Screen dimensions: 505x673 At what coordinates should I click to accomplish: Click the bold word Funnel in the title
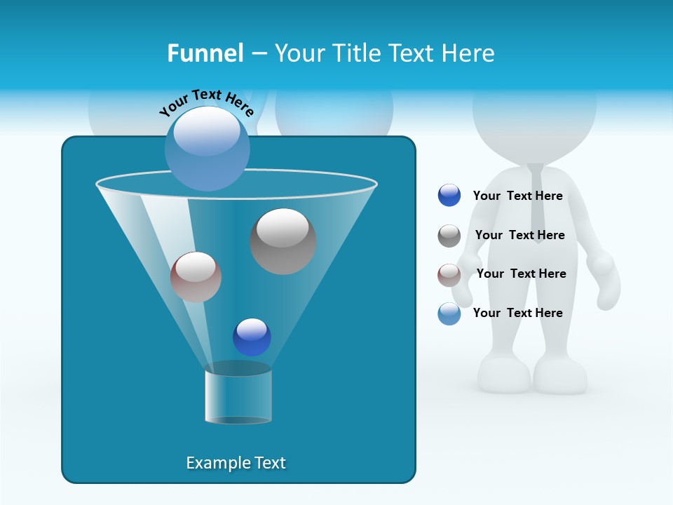205,53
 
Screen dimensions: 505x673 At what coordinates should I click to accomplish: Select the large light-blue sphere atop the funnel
208,148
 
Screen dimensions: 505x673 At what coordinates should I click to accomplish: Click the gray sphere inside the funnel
283,241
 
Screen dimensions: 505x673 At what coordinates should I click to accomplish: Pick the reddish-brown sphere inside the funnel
196,277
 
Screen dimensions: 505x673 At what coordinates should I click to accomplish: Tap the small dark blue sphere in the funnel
252,337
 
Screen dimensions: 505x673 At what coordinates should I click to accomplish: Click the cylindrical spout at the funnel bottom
238,394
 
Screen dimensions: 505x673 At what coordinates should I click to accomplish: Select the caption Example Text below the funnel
236,463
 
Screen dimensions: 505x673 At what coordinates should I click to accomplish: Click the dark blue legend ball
449,196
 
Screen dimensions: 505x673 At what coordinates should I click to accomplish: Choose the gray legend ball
449,236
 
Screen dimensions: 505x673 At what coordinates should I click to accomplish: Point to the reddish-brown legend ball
449,275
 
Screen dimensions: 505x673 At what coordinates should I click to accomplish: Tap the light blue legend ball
449,314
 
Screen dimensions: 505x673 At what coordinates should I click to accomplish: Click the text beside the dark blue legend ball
517,196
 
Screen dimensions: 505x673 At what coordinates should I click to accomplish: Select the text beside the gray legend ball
519,235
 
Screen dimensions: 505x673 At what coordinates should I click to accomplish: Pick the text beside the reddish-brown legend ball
521,274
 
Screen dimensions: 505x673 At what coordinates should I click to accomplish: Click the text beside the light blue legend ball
517,313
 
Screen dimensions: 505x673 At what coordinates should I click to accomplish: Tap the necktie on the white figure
536,203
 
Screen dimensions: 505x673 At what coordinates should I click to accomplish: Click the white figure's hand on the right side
606,281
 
